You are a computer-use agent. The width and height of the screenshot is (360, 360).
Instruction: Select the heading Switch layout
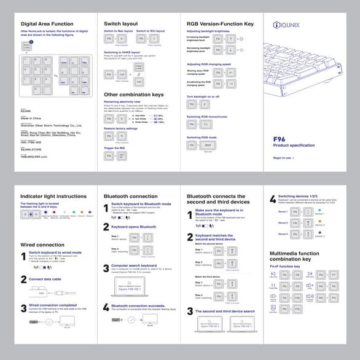click(x=120, y=23)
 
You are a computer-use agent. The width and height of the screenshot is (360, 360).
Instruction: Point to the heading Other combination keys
click(x=133, y=94)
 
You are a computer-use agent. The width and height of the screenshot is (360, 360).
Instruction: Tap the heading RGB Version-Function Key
click(x=220, y=23)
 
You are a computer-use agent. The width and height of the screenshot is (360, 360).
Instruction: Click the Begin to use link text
click(x=283, y=158)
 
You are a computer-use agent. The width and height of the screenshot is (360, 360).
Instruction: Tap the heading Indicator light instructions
click(x=53, y=196)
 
